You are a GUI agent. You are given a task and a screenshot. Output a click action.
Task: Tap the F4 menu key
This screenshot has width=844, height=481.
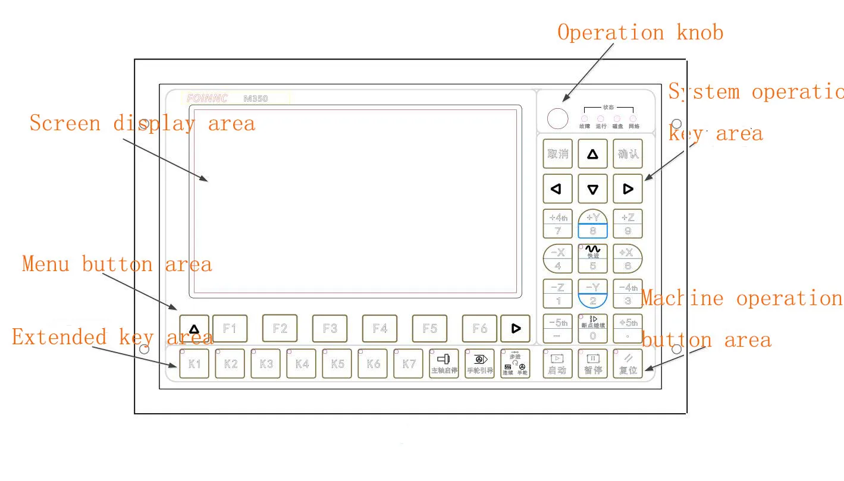pos(379,328)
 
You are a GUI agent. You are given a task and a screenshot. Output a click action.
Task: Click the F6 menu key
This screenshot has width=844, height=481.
pos(479,328)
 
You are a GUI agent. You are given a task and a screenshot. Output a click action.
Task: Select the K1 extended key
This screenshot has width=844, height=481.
pos(194,364)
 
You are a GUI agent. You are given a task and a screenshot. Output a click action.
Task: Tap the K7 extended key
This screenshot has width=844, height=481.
pos(409,364)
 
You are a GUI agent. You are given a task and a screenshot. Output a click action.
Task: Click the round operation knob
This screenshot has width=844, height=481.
pos(558,118)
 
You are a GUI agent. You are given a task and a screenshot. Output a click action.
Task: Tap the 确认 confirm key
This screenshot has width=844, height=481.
pos(628,154)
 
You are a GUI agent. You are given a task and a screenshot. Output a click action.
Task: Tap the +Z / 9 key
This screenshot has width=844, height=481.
pos(628,224)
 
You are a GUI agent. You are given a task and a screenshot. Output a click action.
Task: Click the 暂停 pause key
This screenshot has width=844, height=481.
pos(593,364)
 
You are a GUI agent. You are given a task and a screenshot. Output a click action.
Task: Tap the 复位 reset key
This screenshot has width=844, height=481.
pos(628,364)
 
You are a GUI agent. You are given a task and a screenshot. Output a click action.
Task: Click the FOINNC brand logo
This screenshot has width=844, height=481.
pos(206,99)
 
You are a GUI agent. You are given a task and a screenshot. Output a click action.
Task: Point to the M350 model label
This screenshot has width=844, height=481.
pos(256,99)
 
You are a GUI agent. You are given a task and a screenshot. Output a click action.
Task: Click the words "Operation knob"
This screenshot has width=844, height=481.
pos(640,32)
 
